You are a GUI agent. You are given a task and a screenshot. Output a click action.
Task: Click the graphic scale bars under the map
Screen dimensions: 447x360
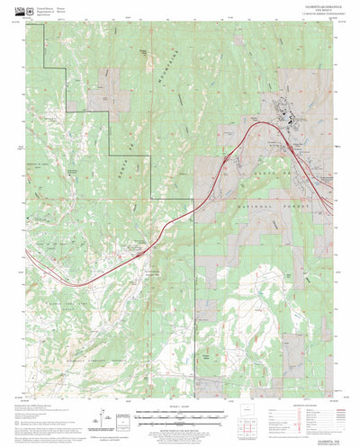[180, 416]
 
